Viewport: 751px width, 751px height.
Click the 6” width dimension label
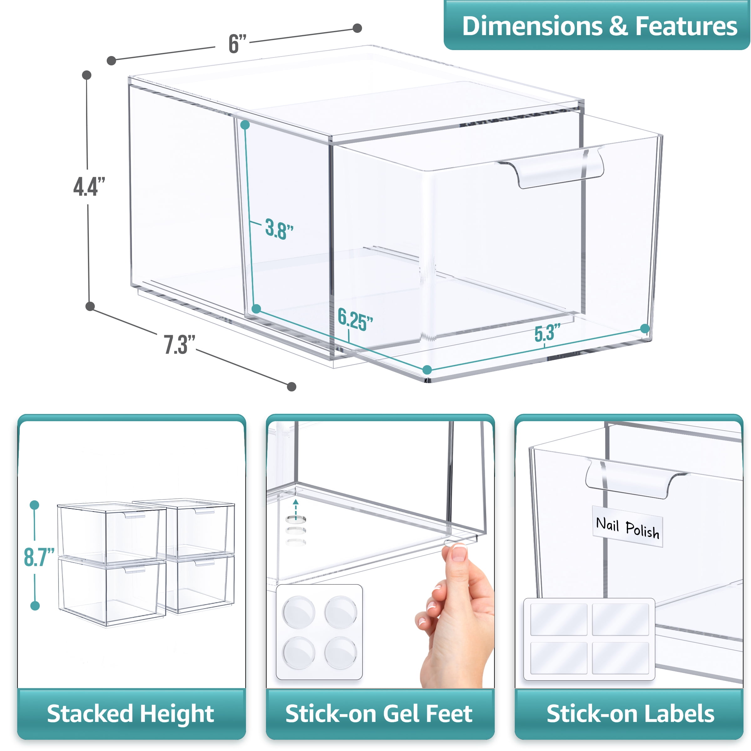(238, 43)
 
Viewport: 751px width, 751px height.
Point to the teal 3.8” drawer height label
(279, 229)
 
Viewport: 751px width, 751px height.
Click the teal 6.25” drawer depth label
(355, 319)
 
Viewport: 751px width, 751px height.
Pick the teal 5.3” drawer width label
(547, 332)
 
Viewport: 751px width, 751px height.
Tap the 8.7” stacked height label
(39, 557)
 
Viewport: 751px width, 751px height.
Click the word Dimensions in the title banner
(533, 26)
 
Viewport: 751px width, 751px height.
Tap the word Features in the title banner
(686, 26)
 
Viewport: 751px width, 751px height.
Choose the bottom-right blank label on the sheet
(621, 658)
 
